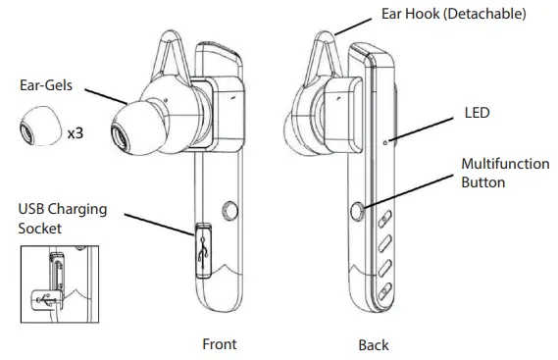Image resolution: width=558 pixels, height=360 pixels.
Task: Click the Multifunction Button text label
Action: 504,173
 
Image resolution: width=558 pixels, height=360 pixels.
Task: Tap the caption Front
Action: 219,344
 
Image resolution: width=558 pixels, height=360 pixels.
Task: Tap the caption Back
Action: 373,345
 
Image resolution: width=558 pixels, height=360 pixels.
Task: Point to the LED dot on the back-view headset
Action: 388,142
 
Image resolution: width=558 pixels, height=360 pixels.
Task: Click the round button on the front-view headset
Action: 230,210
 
